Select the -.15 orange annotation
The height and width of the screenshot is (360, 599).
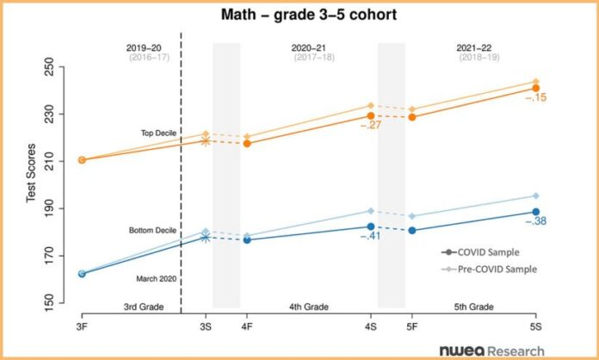[535, 98]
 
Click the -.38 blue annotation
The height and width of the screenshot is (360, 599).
[535, 221]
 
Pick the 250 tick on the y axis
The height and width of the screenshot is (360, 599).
[48, 67]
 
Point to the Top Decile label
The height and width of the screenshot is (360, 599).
[158, 133]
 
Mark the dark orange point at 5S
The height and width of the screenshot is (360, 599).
[535, 88]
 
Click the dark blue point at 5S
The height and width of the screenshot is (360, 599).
[535, 212]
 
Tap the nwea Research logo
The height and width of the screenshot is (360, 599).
[491, 350]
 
